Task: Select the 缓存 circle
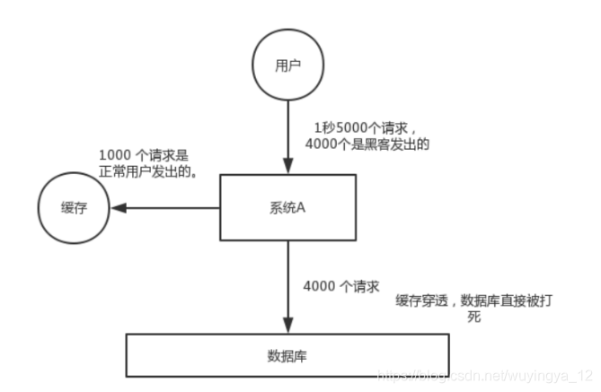click(73, 208)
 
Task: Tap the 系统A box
click(287, 207)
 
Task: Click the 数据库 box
click(287, 354)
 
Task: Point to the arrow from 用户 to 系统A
click(287, 135)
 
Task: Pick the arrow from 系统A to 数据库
click(287, 287)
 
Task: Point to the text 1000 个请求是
click(144, 153)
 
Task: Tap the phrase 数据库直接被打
click(503, 301)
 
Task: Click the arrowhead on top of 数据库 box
click(287, 327)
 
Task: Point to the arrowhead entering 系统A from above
click(287, 168)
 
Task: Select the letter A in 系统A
click(305, 207)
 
